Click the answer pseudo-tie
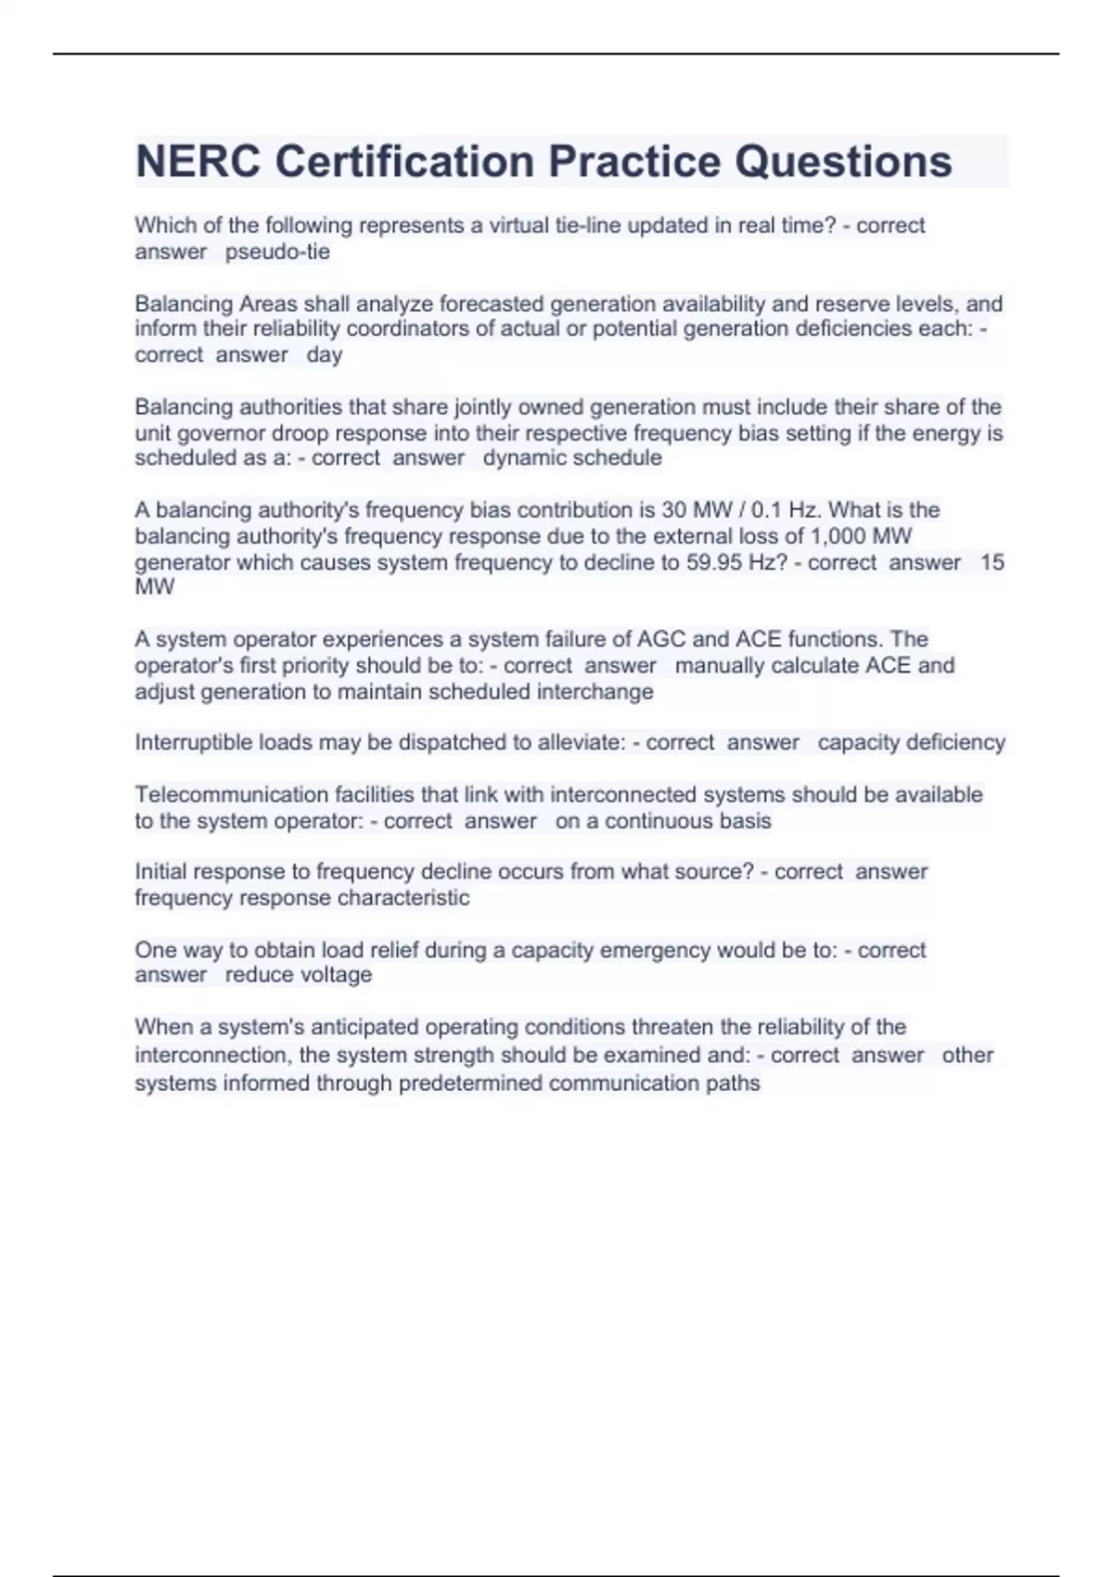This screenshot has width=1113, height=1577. point(277,251)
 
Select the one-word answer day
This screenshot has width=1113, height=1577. point(324,354)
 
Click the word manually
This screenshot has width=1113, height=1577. point(720,665)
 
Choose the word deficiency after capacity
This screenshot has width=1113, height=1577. point(955,742)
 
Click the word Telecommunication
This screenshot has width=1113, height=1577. point(222,794)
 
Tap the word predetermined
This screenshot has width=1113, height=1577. point(470,1083)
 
